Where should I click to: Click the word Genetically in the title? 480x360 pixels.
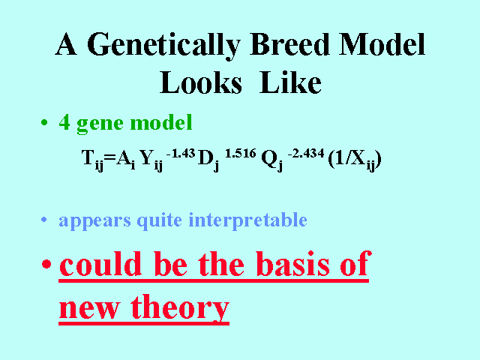tap(163, 45)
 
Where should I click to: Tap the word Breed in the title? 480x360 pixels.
tap(289, 44)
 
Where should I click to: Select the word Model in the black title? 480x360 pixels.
tap(382, 44)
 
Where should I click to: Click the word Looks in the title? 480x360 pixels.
tap(201, 82)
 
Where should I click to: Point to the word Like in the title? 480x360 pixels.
tap(290, 82)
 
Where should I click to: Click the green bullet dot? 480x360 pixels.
tap(44, 123)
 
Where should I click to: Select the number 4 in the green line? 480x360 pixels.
tap(64, 122)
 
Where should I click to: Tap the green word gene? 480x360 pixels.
tap(100, 124)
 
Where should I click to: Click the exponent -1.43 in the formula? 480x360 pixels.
tap(181, 153)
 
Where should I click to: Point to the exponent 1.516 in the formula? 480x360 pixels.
tap(240, 153)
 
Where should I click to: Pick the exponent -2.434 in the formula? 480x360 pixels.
tap(305, 153)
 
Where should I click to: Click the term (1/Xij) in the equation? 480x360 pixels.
tap(355, 160)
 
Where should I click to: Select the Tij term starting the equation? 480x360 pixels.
tap(92, 160)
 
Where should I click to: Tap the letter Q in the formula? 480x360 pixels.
tap(269, 158)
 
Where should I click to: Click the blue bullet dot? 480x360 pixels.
tap(44, 220)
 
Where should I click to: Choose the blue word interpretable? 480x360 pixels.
tap(247, 220)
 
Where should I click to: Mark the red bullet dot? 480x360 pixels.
tap(46, 263)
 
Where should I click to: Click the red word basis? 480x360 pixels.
tap(292, 264)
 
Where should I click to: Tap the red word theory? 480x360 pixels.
tap(180, 307)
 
